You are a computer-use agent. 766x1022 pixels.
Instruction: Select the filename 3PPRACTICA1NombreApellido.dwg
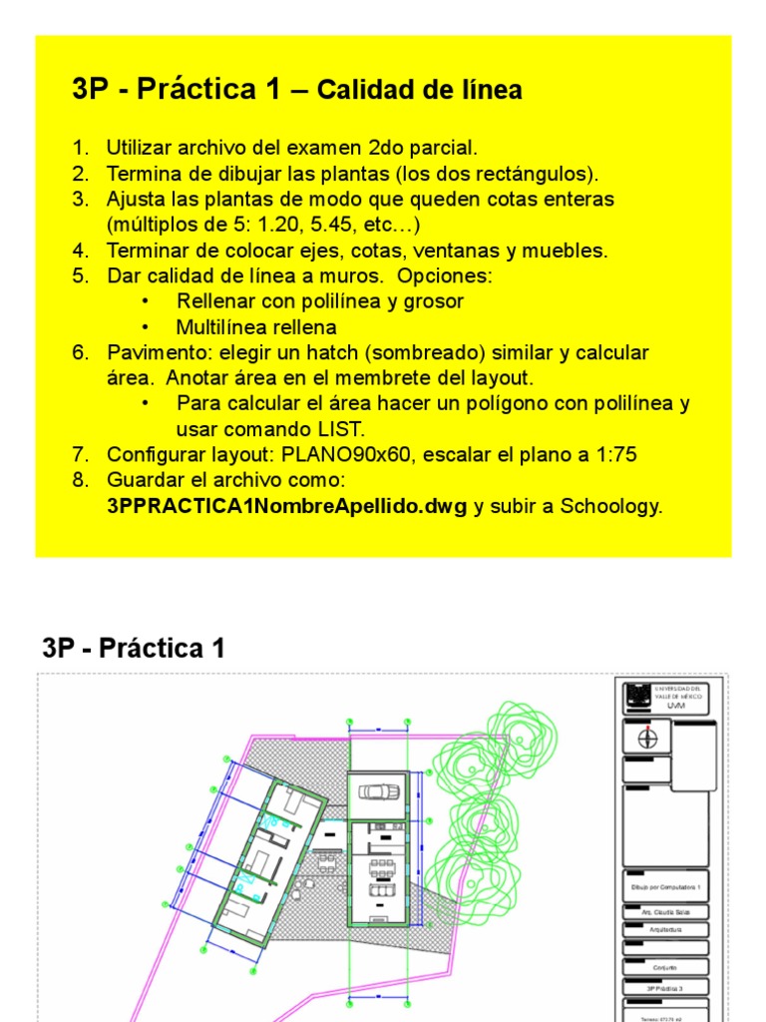286,506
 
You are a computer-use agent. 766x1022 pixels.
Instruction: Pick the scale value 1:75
614,455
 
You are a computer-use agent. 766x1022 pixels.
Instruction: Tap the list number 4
81,250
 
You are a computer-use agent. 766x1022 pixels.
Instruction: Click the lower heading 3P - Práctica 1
134,649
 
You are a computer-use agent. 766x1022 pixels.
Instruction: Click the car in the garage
377,792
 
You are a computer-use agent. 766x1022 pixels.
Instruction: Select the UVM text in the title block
677,705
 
